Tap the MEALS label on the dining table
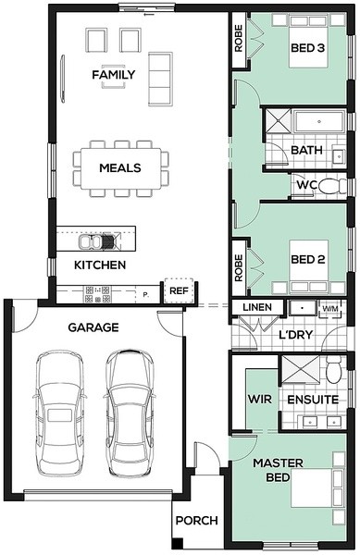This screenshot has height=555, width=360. [120, 167]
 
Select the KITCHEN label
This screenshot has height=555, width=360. [100, 265]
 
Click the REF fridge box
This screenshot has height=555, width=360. [179, 291]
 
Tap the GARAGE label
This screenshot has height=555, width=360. [93, 327]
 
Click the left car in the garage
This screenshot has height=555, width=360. [59, 413]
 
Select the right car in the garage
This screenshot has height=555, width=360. [130, 413]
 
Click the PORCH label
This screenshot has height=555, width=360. [197, 521]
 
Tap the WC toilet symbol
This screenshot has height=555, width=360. [332, 186]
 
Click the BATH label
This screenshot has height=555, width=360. [306, 150]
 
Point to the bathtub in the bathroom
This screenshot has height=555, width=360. [319, 122]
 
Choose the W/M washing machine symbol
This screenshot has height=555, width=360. [330, 308]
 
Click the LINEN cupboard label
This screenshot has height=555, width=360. [257, 307]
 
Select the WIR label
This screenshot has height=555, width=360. [260, 400]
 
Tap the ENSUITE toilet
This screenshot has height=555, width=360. [334, 369]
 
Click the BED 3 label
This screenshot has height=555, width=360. [307, 48]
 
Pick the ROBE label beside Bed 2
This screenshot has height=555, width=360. [239, 268]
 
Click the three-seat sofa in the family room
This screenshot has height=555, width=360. [160, 79]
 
